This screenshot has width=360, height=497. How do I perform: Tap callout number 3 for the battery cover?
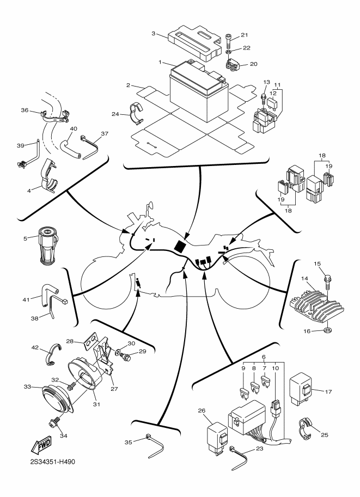pos(154,34)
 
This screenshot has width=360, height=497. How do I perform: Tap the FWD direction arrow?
pos(42,446)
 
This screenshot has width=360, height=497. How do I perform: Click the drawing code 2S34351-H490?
pos(53,462)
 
